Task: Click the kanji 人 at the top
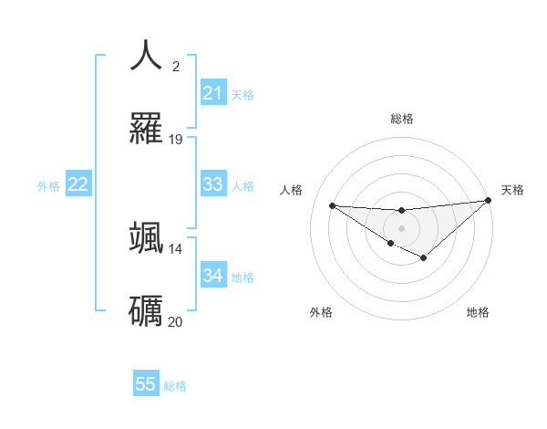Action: point(147,55)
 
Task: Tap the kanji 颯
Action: point(147,237)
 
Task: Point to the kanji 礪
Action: point(147,310)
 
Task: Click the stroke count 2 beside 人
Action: point(176,66)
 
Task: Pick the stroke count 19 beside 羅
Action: point(176,140)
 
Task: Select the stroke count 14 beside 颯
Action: point(176,248)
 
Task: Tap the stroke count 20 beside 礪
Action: point(176,321)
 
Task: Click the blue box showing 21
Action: point(212,93)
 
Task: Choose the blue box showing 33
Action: point(212,184)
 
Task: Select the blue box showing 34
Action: point(212,276)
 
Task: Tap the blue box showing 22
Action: point(78,184)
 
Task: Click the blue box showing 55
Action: point(146,384)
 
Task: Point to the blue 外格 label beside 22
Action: point(48,185)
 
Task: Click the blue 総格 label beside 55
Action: point(175,386)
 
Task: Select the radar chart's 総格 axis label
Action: point(401,119)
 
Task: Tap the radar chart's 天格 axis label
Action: point(512,190)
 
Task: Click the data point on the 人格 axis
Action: point(332,205)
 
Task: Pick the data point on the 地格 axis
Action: point(424,259)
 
